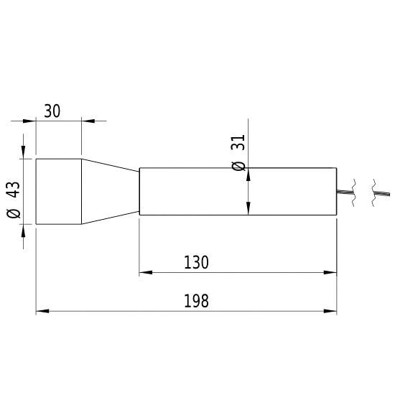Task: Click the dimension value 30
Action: pyautogui.click(x=52, y=111)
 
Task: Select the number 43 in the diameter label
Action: pyautogui.click(x=12, y=190)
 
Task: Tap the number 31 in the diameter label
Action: pyautogui.click(x=239, y=142)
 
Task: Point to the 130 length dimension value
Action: pyautogui.click(x=195, y=263)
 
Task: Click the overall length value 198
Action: pyautogui.click(x=195, y=301)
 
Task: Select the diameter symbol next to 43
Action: pyautogui.click(x=12, y=213)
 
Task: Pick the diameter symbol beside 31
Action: pyautogui.click(x=239, y=164)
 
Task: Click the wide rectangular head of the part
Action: pyautogui.click(x=58, y=191)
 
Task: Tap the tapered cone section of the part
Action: pyautogui.click(x=109, y=191)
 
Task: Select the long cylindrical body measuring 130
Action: pyautogui.click(x=215, y=191)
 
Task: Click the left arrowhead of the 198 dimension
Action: pyautogui.click(x=42, y=312)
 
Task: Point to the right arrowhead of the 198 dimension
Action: pyautogui.click(x=330, y=312)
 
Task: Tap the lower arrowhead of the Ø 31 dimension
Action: pyautogui.click(x=248, y=208)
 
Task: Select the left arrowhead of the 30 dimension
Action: pyautogui.click(x=30, y=121)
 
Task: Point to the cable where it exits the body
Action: pyautogui.click(x=343, y=190)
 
